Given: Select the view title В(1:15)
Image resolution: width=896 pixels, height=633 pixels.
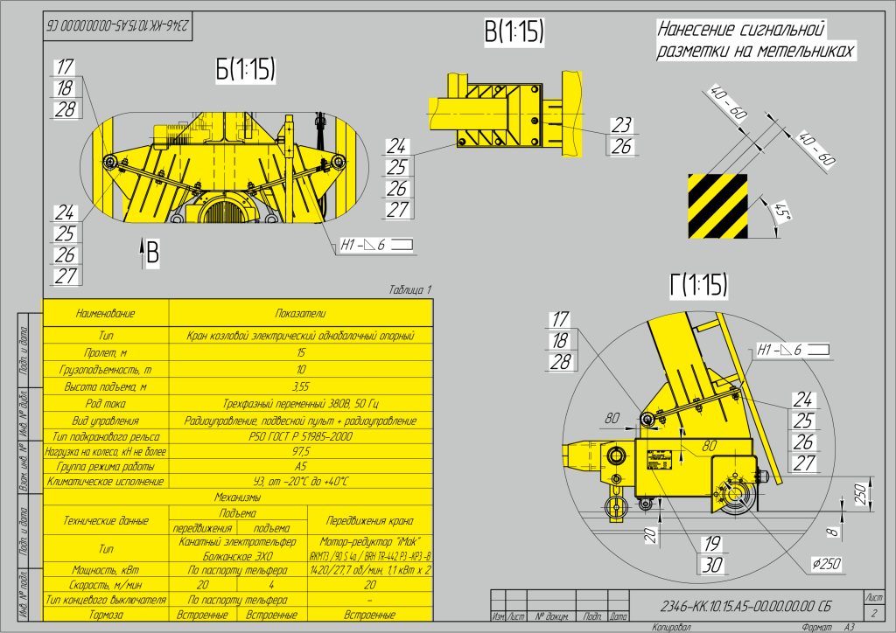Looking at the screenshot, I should coord(514,32).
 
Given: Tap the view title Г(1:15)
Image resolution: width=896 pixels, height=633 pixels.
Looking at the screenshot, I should coord(699,284).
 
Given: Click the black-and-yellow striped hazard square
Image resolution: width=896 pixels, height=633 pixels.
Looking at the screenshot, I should coord(717,205).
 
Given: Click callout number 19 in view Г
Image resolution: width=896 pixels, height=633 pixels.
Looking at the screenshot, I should coord(712,545).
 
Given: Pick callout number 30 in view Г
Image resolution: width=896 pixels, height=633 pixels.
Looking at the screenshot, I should coord(712,565).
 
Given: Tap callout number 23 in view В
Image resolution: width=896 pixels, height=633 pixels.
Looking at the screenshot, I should coord(621,125).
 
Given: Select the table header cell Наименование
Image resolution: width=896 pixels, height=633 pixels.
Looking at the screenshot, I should coord(105,313).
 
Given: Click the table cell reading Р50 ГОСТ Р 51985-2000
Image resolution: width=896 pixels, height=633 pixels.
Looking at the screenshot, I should coord(299,435).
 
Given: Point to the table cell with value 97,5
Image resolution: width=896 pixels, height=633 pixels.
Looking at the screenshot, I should coord(299,451).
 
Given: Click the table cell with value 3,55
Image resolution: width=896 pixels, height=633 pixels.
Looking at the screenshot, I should coord(299,386).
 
